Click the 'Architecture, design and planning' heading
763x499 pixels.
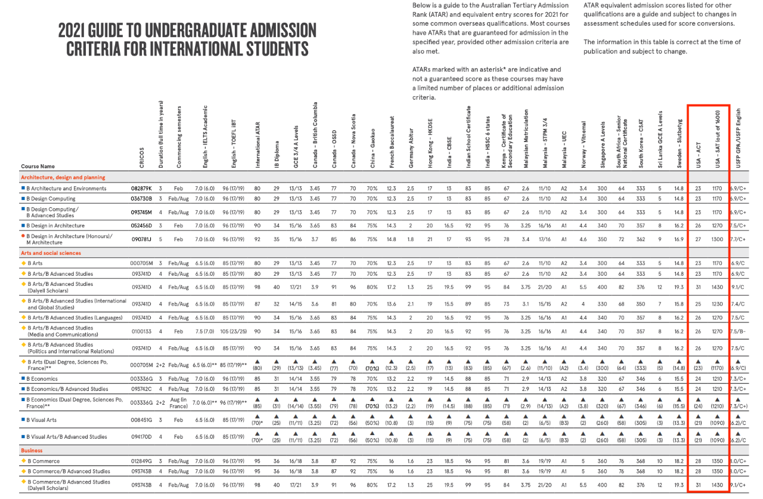63,177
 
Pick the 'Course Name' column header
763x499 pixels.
38,167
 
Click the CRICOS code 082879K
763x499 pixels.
142,189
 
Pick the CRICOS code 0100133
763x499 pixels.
142,331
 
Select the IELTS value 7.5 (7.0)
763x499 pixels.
204,331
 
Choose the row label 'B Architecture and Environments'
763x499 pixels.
67,189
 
